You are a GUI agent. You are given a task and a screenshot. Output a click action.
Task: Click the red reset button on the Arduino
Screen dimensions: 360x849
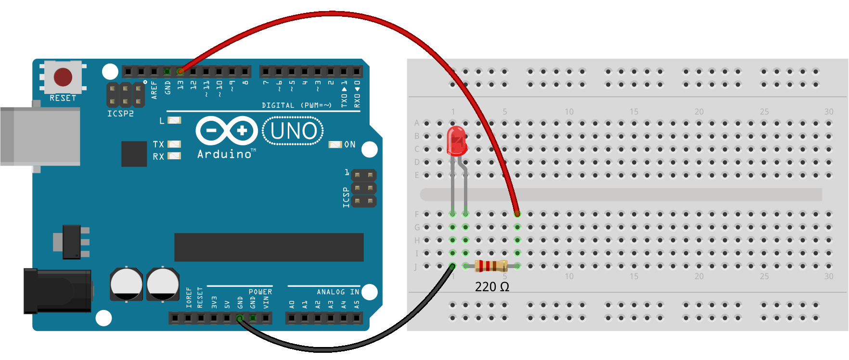(63, 77)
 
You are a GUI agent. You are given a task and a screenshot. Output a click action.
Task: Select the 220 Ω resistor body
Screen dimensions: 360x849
(491, 266)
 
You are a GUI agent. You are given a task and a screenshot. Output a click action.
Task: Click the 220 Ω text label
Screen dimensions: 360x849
(492, 287)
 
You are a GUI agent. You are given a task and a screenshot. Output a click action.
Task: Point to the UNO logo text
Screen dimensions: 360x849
(293, 131)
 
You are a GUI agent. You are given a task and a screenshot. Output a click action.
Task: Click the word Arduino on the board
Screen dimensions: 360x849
(224, 154)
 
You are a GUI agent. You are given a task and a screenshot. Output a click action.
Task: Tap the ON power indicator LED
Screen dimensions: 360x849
(335, 144)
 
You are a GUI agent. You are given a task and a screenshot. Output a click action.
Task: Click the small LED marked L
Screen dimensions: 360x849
(174, 120)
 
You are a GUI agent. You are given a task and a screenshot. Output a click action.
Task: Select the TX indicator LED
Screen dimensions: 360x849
(174, 144)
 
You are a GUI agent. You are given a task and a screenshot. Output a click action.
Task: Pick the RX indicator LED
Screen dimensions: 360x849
(174, 156)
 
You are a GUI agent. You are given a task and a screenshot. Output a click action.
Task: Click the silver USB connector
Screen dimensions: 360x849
(40, 137)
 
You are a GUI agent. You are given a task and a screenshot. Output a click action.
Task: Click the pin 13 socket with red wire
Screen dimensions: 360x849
(180, 72)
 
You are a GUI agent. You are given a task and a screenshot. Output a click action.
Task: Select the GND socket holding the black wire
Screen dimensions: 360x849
(240, 318)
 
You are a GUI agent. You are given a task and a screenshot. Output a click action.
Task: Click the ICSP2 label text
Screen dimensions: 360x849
(120, 114)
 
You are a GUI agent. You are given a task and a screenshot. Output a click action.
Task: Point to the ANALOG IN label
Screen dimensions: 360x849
(338, 292)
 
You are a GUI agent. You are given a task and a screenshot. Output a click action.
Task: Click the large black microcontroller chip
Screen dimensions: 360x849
(269, 247)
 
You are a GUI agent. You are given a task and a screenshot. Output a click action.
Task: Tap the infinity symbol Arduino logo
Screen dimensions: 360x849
(227, 131)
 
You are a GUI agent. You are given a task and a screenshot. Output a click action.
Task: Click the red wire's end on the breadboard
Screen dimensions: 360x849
(517, 214)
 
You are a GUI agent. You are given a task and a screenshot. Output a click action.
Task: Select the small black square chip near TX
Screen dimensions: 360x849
(134, 154)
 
